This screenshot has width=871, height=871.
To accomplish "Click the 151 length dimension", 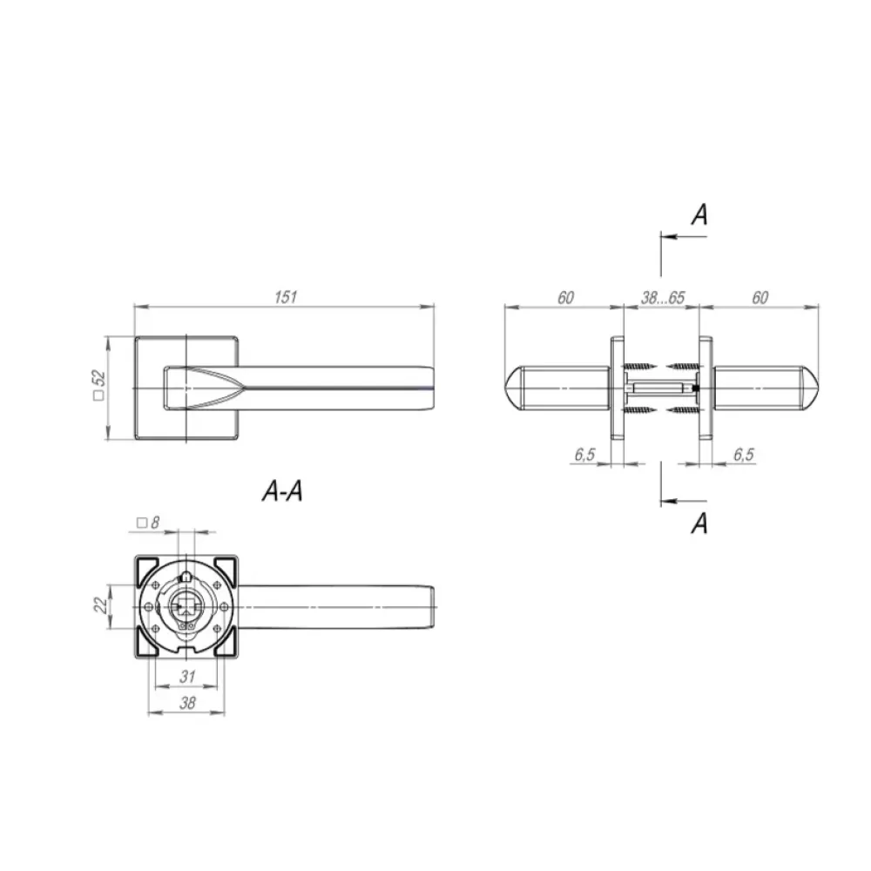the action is [286, 297].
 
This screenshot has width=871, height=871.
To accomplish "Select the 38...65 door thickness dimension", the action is [662, 298].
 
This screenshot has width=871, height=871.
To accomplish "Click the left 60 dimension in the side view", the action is [565, 298].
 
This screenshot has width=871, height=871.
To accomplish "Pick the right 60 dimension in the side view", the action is [760, 298].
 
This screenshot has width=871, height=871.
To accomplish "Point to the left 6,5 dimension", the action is [585, 455].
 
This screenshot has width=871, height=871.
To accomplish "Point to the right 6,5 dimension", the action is [743, 455].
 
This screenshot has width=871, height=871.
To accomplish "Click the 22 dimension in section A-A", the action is [100, 604].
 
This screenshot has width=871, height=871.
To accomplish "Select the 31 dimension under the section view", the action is [188, 677].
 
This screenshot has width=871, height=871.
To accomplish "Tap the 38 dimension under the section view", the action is [188, 703].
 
